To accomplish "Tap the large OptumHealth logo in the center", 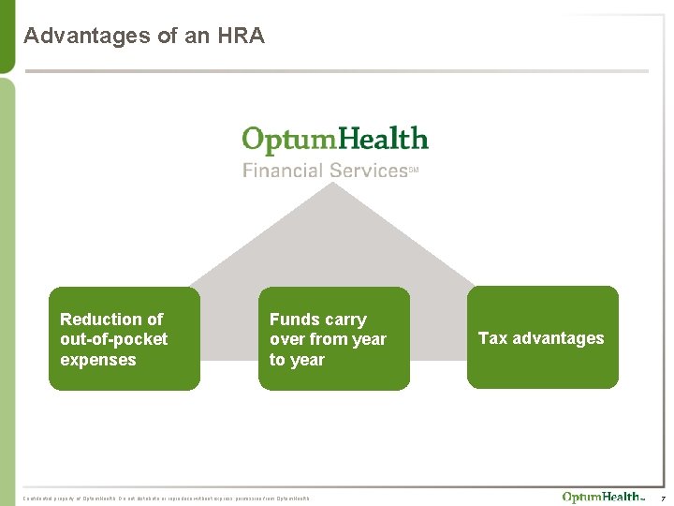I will (334, 141).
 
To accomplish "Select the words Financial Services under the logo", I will (324, 171).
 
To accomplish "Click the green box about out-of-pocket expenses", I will (124, 338).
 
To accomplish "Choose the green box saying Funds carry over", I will (333, 338).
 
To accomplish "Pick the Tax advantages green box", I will (542, 338).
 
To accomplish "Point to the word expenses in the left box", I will (97, 360).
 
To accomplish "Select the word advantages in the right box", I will (558, 338).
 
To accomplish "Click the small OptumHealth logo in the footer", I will (602, 497).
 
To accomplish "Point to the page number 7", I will (663, 497).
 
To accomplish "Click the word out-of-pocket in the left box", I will (113, 339).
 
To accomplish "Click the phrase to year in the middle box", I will (297, 360).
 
